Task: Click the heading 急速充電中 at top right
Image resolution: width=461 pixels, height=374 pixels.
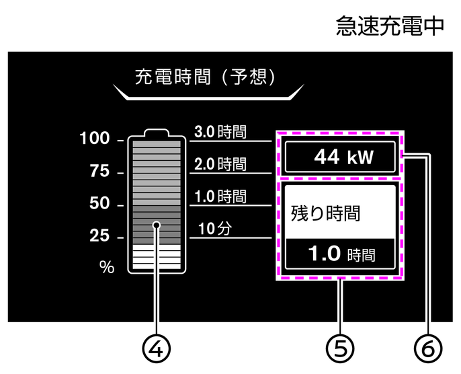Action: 390,26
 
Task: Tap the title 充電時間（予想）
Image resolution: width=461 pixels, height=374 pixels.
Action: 206,76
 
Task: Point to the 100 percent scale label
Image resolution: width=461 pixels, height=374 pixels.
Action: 94,139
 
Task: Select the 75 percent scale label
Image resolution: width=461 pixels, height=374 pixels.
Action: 99,172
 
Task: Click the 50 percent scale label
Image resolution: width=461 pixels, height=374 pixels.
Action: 99,204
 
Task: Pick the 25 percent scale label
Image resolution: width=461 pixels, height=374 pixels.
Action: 99,236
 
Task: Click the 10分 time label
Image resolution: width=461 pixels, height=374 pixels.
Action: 214,228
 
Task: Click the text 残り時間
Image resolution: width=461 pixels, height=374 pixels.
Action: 325,214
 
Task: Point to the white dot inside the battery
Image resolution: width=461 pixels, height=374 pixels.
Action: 157,225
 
